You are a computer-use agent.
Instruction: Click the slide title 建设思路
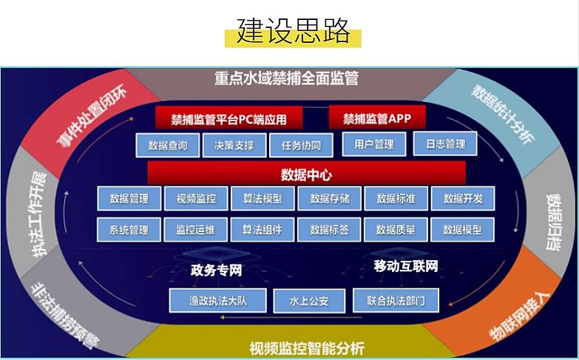point(294,32)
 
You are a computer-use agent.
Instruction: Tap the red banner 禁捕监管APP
point(376,118)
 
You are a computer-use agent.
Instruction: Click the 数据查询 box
point(167,144)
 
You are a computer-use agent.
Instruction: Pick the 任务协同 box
point(301,144)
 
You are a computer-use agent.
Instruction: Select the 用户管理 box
point(374,143)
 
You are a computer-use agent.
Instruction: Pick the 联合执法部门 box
point(396,301)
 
